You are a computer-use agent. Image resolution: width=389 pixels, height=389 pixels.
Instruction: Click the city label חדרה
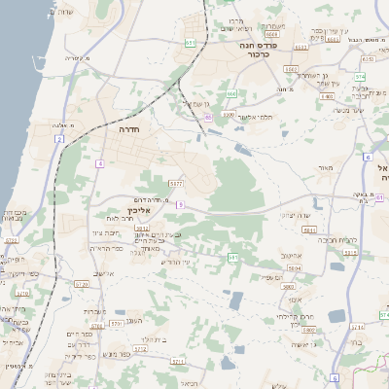[x=127, y=128]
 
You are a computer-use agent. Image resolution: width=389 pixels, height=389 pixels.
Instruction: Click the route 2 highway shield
[x=59, y=140]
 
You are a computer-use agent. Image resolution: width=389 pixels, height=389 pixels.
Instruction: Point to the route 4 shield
[x=99, y=163]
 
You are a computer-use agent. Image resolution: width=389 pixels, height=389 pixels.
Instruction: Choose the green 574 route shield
[x=360, y=75]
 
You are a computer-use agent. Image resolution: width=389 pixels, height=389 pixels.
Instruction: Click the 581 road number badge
[x=233, y=257]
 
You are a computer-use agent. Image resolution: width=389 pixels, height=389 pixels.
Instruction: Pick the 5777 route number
[x=176, y=183]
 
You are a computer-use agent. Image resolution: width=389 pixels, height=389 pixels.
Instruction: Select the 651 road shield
[x=191, y=43]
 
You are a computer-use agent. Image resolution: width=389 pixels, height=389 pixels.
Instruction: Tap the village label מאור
[x=324, y=167]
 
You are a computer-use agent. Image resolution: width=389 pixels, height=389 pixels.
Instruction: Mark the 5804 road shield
[x=309, y=230]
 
